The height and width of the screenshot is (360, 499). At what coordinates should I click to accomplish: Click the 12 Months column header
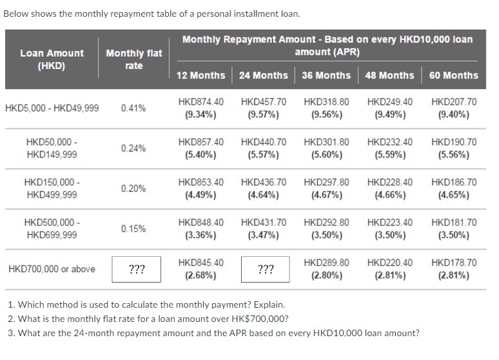click(201, 75)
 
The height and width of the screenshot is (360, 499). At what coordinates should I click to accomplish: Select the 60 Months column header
click(453, 75)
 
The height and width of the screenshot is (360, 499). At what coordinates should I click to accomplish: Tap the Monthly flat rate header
click(133, 59)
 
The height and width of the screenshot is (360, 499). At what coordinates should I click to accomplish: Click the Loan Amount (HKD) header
click(52, 59)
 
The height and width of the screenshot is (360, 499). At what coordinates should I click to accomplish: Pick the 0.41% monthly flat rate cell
click(133, 108)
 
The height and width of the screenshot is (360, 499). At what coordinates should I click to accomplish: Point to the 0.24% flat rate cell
click(133, 148)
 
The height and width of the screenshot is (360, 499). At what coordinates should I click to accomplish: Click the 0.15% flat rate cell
click(133, 229)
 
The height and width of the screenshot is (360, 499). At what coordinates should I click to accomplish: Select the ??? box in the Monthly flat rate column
click(136, 270)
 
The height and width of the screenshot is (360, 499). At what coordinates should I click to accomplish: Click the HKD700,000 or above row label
click(52, 269)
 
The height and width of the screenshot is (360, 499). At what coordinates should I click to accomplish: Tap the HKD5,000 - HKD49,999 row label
click(52, 108)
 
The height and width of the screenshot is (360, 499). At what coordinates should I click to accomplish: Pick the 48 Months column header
click(389, 75)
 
